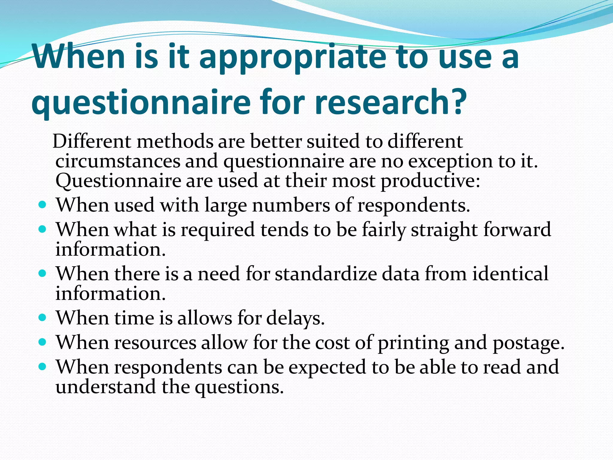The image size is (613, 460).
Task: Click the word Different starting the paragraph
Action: pos(92,141)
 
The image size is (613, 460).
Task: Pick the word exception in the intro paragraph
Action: pos(451,162)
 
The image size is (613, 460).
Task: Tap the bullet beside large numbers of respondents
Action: pos(43,205)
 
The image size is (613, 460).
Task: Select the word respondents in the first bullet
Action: pos(413,206)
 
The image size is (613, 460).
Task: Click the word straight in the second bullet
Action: pos(445,230)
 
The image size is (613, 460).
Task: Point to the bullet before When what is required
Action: pos(43,230)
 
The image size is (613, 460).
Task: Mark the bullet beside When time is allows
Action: pos(43,317)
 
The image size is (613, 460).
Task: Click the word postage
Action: pos(528,343)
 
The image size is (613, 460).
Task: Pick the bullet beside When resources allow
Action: pos(43,342)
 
